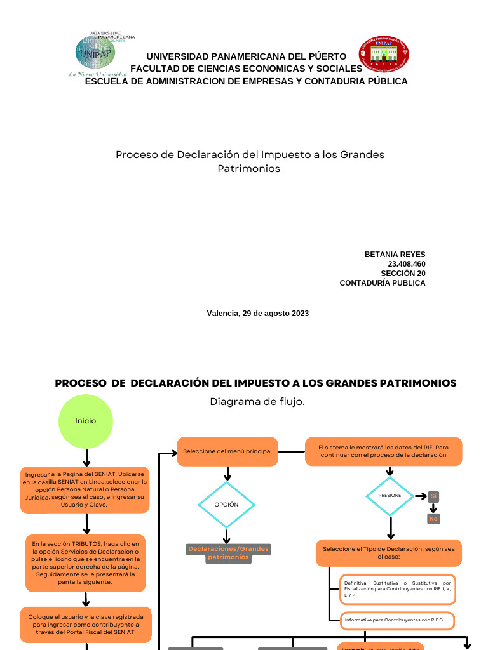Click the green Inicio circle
point(86,420)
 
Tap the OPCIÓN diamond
point(226,505)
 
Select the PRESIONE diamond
point(390,495)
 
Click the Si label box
point(433,496)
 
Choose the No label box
point(433,519)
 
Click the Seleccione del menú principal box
point(227,451)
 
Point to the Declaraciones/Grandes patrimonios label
point(228,553)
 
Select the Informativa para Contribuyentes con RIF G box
point(397,620)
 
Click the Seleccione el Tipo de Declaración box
point(388,553)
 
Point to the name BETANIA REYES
point(395,255)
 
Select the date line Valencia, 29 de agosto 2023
point(257,314)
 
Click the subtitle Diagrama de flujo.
point(253,401)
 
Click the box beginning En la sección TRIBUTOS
point(85,563)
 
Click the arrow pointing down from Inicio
point(86,457)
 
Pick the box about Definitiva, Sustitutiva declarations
point(397,588)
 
